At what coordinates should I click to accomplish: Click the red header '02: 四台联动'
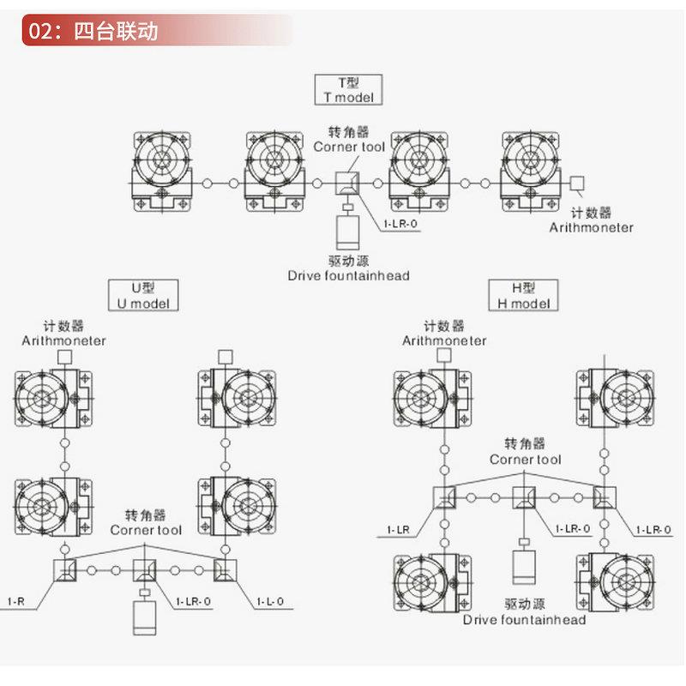point(94,32)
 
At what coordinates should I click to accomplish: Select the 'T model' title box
point(349,89)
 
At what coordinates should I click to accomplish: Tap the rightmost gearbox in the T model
point(533,171)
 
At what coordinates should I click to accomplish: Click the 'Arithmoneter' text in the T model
point(592,227)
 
